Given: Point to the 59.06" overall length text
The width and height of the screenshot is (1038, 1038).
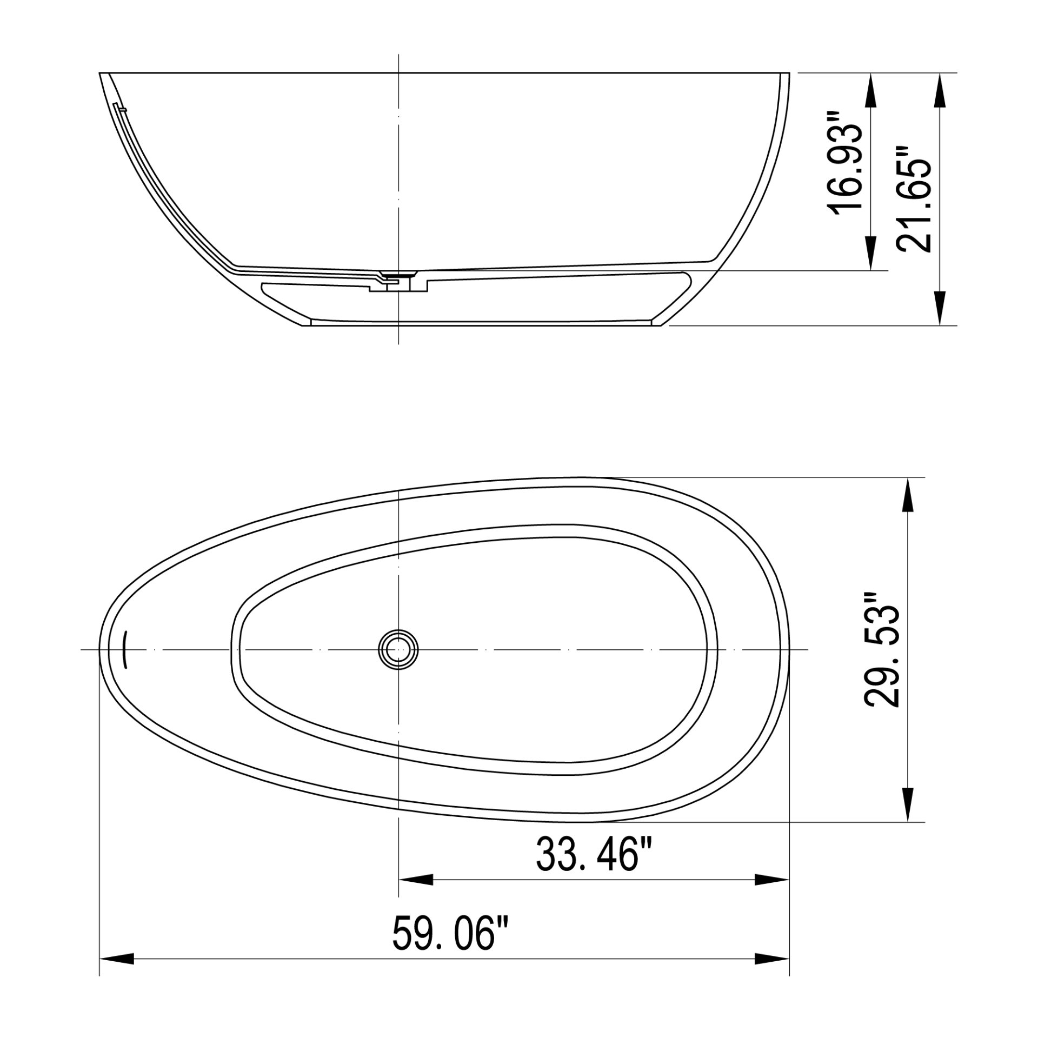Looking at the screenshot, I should [452, 933].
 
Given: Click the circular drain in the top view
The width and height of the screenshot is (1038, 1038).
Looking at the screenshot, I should [398, 649].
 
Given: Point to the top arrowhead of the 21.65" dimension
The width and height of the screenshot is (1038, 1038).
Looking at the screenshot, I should [940, 89].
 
